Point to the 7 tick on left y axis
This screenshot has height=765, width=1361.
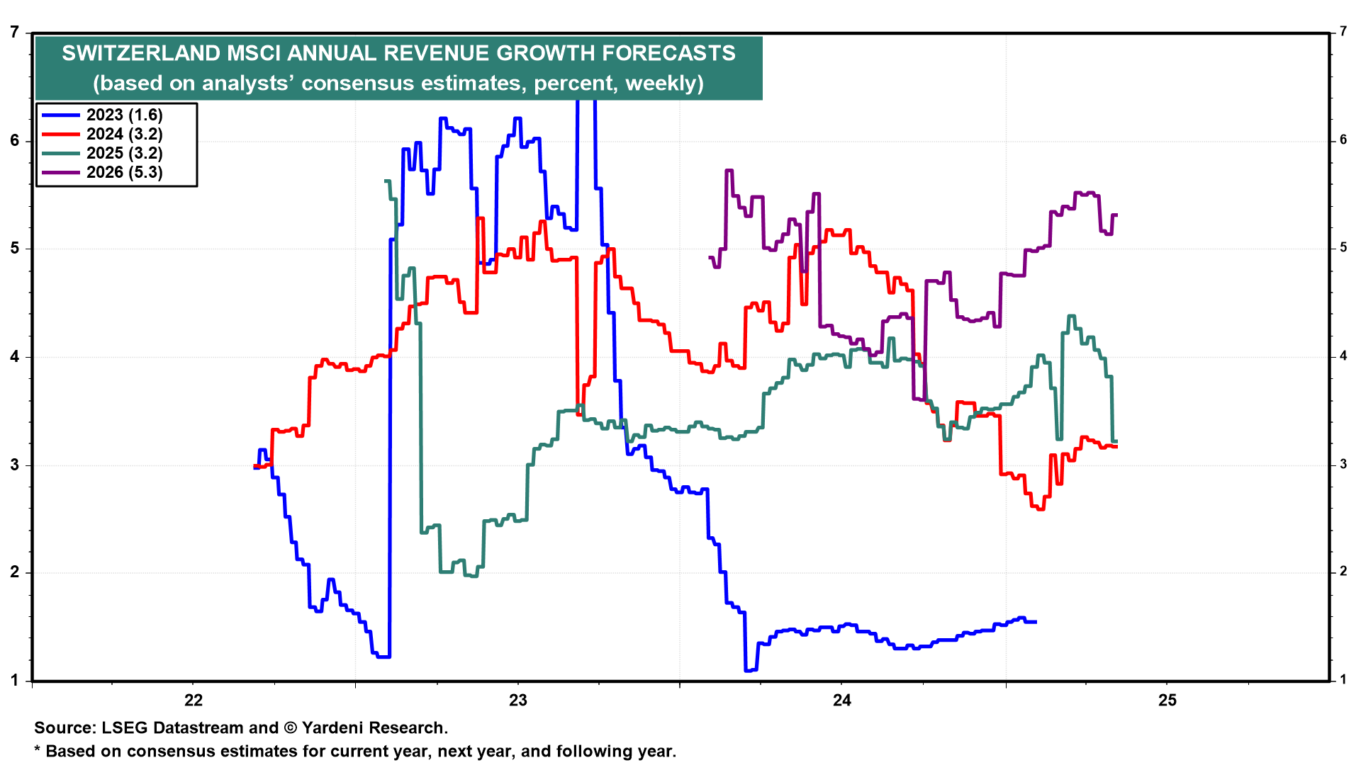coord(15,32)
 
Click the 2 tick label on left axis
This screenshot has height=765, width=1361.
coord(15,572)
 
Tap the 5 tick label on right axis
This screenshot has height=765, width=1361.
coord(1343,248)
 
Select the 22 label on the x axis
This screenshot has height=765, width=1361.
coord(193,701)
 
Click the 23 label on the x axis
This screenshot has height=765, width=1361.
coord(518,701)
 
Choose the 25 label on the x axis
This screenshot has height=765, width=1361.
coord(1167,701)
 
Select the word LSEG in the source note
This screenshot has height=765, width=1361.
coord(123,727)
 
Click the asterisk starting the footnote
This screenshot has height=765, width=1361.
coord(38,750)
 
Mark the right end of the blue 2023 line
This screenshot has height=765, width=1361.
coord(1036,622)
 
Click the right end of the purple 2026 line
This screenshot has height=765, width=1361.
coord(1117,215)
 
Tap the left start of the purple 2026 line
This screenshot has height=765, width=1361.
coord(710,257)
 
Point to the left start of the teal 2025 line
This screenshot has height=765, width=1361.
coord(385,181)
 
